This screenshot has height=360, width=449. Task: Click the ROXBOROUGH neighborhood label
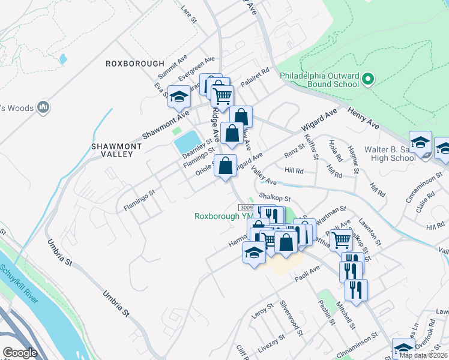coord(134,63)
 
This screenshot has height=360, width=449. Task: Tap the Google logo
coord(20,353)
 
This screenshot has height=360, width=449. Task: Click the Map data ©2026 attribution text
coord(423,355)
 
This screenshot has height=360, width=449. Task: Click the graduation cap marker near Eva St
coord(178,97)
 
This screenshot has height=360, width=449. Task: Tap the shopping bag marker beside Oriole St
coord(225,166)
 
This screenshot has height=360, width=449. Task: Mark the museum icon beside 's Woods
coord(43,107)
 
